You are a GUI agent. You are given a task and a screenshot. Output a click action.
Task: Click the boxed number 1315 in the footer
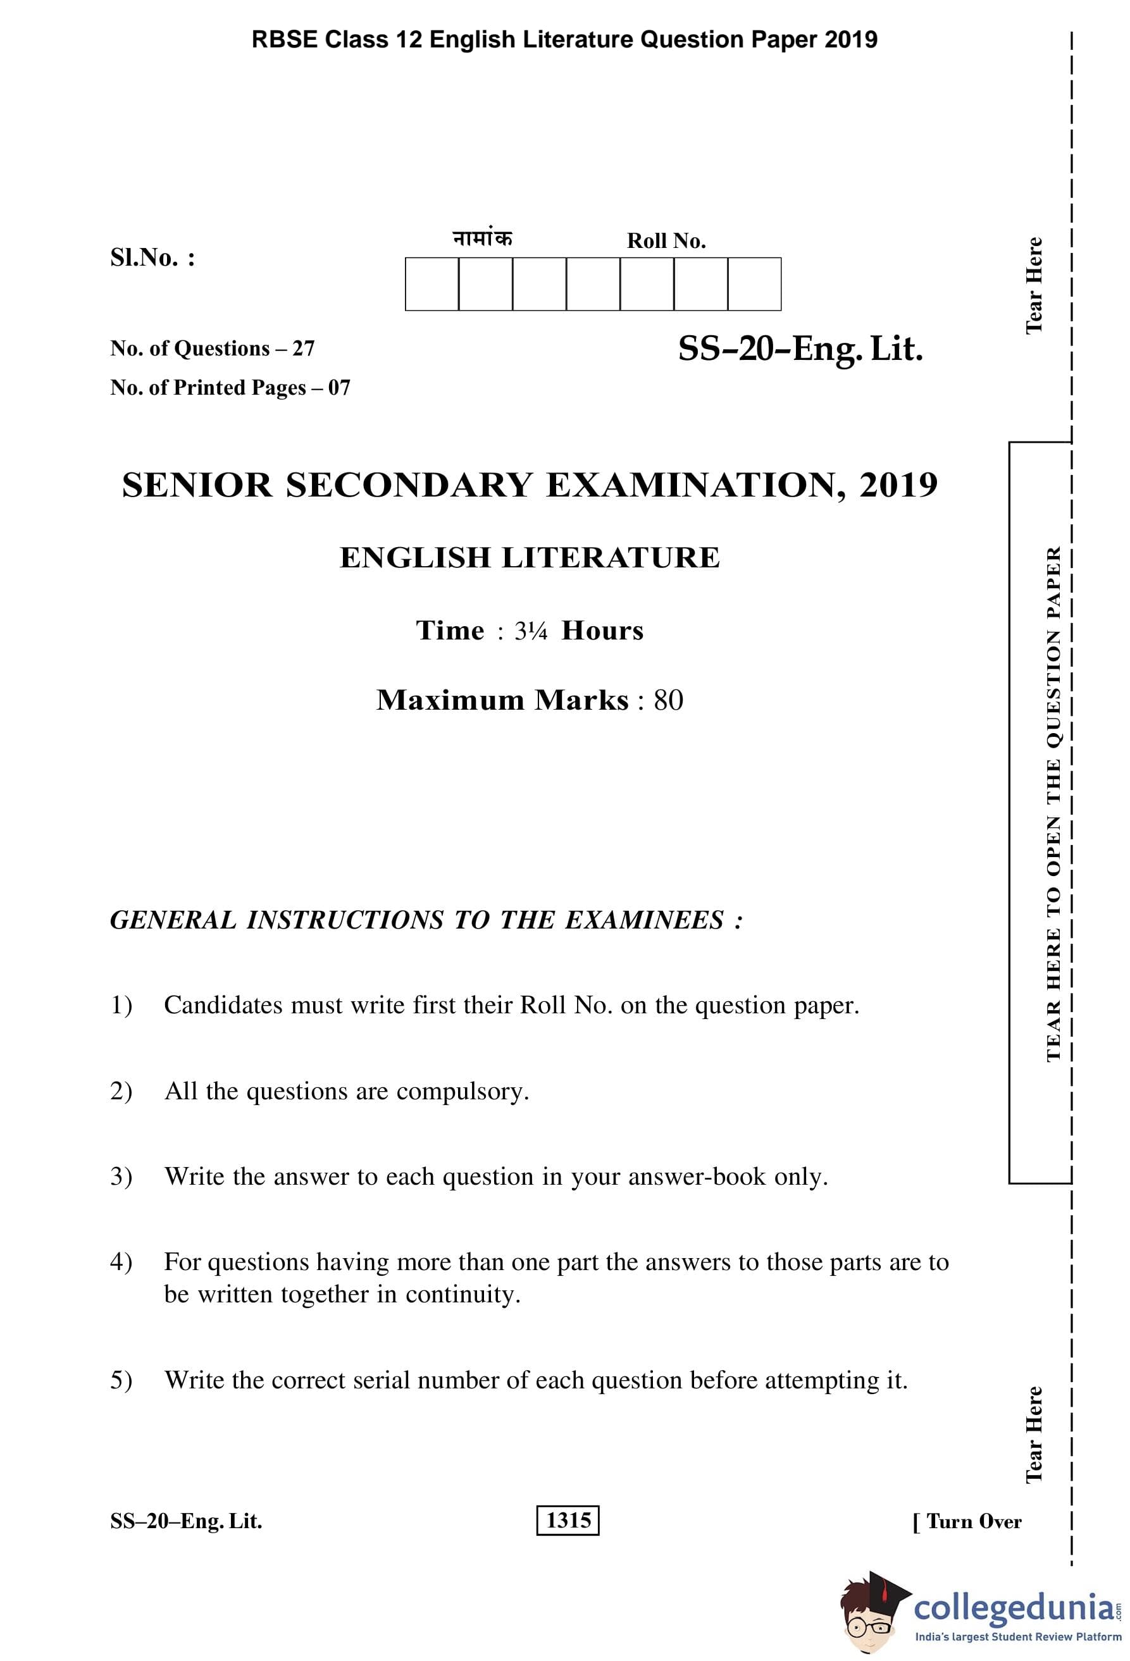568,1520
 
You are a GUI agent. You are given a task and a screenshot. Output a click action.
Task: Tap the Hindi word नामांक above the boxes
483,238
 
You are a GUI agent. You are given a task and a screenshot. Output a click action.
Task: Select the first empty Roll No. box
432,285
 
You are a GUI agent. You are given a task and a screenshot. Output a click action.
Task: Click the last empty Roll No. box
754,285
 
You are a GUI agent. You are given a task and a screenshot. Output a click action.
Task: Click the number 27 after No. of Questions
303,349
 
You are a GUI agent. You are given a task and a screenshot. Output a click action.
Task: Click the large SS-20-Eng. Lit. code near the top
800,350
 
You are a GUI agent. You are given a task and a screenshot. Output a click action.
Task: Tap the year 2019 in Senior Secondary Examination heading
898,485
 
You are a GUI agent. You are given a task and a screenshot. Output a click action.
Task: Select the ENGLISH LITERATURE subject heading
530,558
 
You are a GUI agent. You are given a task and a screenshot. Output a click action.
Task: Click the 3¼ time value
530,631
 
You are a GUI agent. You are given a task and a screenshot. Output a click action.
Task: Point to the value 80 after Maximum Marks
668,700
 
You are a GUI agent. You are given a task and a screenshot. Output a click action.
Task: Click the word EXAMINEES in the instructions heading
644,920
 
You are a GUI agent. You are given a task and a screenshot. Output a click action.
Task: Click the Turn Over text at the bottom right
974,1522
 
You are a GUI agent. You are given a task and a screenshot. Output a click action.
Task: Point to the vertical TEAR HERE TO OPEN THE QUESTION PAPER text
1053,804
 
